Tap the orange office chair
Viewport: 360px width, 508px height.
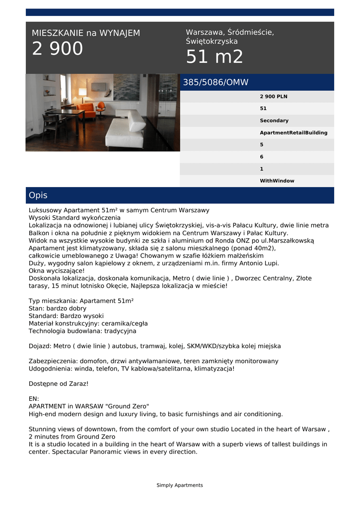point(101,107)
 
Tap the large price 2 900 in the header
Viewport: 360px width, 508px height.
point(58,49)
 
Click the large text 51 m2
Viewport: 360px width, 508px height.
point(215,57)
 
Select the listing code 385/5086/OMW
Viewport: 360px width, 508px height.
point(216,82)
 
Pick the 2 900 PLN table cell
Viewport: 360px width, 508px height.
point(274,96)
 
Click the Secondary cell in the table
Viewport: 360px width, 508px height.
point(274,121)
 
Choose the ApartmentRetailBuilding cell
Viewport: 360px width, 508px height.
point(293,132)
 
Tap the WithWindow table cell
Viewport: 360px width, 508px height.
point(277,181)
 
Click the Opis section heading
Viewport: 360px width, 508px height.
point(38,195)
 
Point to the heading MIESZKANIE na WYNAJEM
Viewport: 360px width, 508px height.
point(86,33)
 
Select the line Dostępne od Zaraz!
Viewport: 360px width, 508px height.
point(59,384)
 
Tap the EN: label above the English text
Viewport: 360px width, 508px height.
point(34,398)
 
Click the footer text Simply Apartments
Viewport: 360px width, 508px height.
point(180,485)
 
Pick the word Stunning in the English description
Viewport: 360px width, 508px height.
point(43,429)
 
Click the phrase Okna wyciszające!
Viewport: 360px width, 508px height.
point(57,271)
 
